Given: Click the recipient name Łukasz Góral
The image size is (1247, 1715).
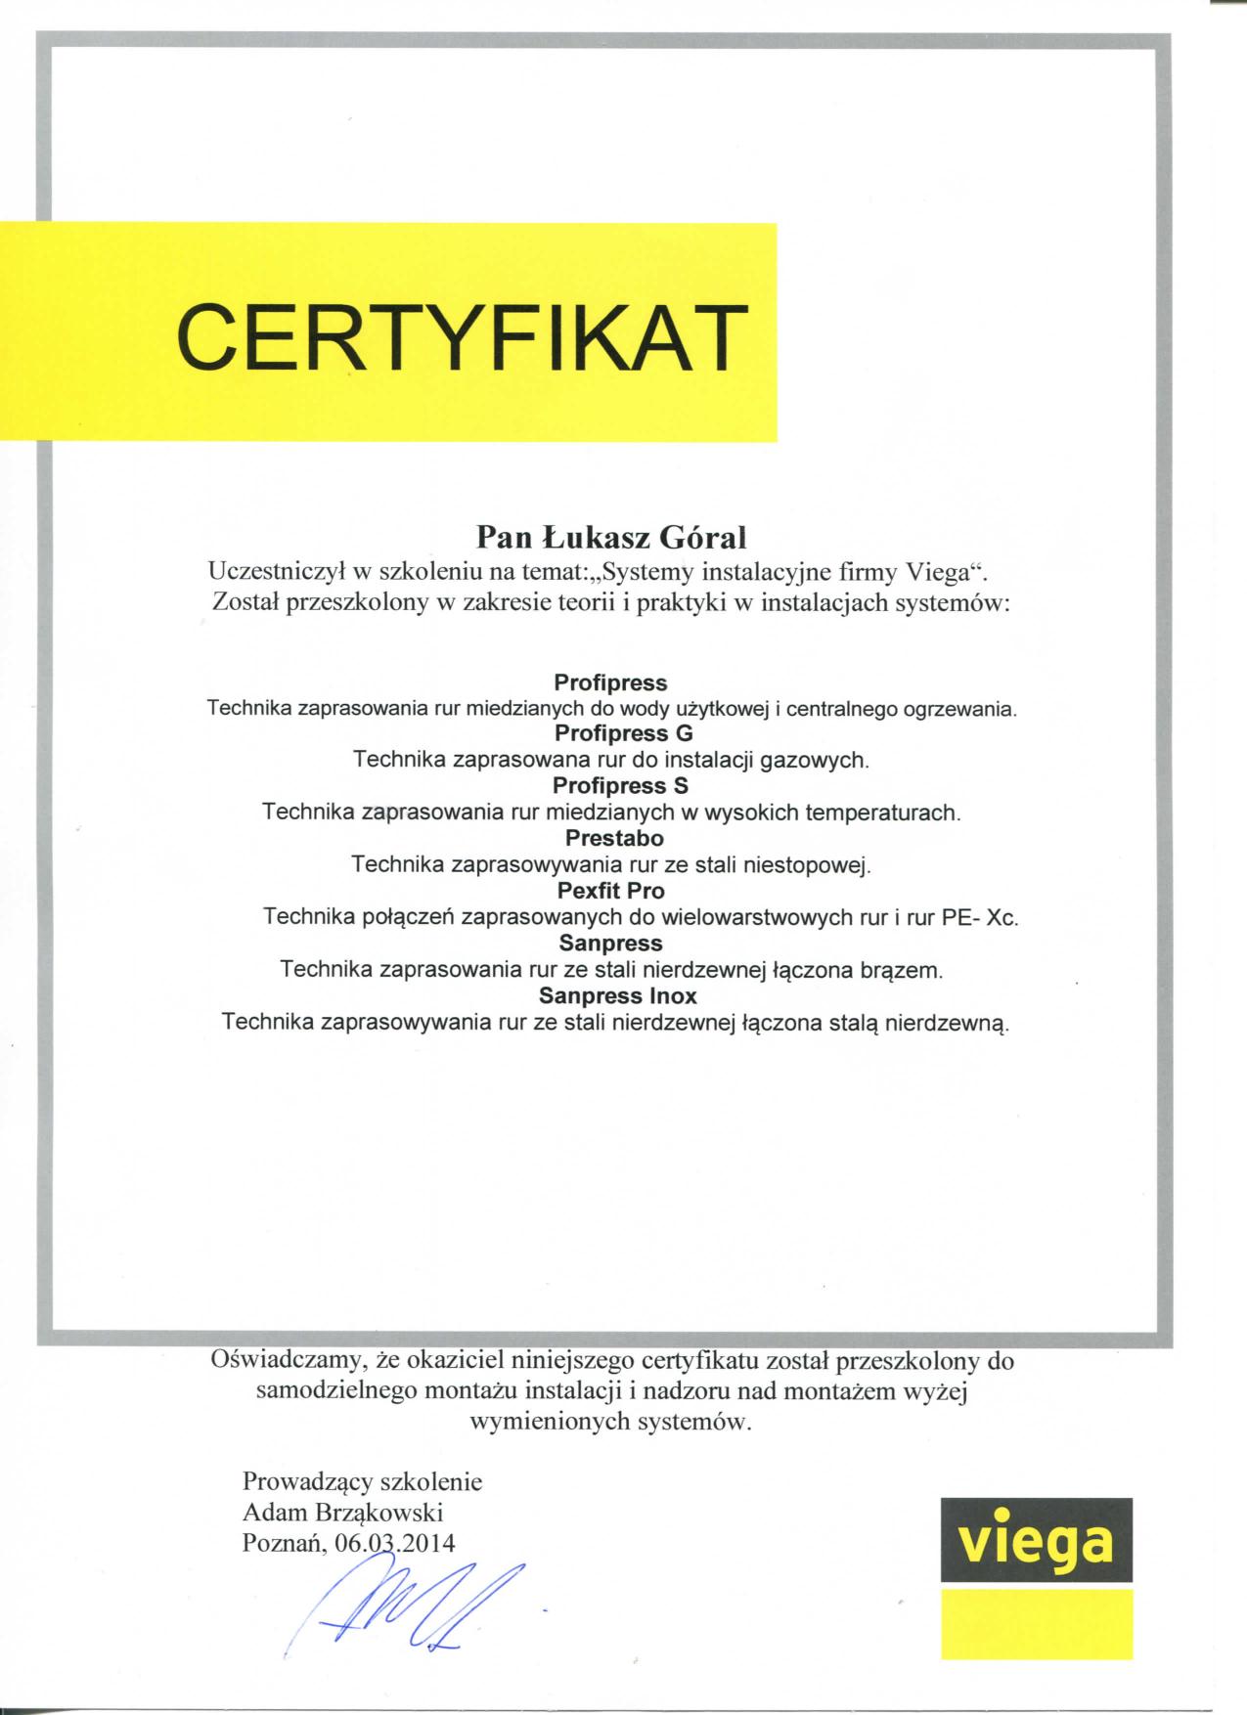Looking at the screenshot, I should pos(642,537).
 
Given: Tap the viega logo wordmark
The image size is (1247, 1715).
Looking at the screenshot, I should pos(1037,1542).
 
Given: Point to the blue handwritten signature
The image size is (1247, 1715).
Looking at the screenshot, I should pos(411,1604).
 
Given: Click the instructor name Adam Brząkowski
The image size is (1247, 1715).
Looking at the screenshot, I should pos(342,1513).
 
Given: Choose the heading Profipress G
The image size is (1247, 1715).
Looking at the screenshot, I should pos(610,733).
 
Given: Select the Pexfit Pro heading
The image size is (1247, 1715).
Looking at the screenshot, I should pos(610,892).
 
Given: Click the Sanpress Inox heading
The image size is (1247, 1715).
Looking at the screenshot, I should pos(618,997).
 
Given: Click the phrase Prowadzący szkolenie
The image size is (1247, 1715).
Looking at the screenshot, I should pos(362,1481).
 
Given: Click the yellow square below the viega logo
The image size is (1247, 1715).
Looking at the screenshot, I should pos(1037,1623).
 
